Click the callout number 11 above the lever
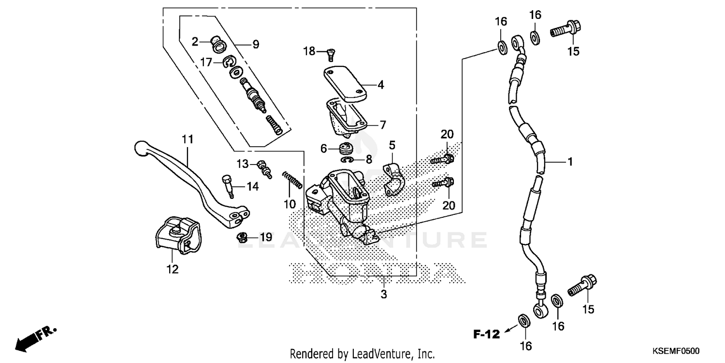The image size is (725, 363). (188, 139)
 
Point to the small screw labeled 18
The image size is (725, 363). (330, 54)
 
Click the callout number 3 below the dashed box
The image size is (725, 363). (384, 294)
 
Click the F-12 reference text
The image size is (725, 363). (486, 333)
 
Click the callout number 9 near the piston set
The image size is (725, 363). (255, 45)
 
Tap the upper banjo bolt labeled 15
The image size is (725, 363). (565, 28)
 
